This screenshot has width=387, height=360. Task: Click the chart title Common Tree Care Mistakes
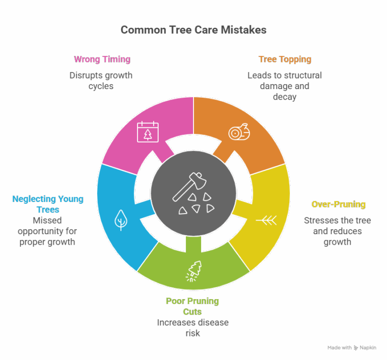(193, 30)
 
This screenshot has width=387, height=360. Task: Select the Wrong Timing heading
(102, 59)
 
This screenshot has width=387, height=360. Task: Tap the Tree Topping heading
(285, 59)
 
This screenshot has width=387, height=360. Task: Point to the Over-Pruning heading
(339, 204)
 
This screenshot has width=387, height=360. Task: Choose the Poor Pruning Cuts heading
(192, 306)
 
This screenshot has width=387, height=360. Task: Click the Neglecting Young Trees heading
(48, 204)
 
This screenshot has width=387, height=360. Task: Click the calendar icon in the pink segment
(148, 132)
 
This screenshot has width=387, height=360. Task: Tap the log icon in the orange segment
(239, 132)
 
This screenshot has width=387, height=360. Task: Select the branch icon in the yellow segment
(266, 220)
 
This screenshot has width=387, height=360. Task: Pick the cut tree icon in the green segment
(194, 271)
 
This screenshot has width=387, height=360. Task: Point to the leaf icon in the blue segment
(121, 220)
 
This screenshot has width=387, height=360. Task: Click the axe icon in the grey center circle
(189, 186)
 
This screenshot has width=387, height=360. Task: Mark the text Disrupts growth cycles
(101, 81)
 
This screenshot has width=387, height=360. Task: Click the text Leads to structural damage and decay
(285, 86)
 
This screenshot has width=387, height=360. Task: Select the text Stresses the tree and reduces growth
(338, 231)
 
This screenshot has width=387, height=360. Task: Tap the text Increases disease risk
(193, 328)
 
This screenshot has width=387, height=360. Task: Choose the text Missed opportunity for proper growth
(47, 231)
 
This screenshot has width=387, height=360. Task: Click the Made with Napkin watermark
(352, 348)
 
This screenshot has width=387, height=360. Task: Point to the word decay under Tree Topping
(285, 97)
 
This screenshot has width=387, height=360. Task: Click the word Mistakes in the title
(243, 30)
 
